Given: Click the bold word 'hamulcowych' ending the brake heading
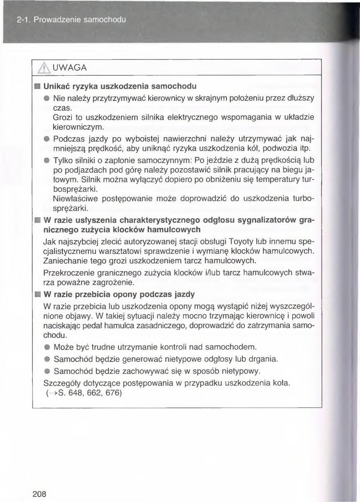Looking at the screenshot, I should (x=172, y=230).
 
